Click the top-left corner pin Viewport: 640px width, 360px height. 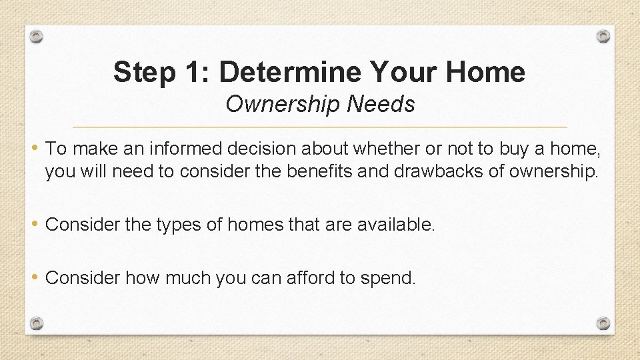[x=37, y=36]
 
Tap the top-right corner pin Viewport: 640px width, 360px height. [x=603, y=36]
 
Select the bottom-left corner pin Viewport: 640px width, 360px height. [x=37, y=323]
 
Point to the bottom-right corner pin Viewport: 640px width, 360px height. [x=603, y=323]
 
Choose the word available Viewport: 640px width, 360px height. [x=396, y=225]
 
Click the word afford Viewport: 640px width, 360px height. [x=311, y=278]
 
